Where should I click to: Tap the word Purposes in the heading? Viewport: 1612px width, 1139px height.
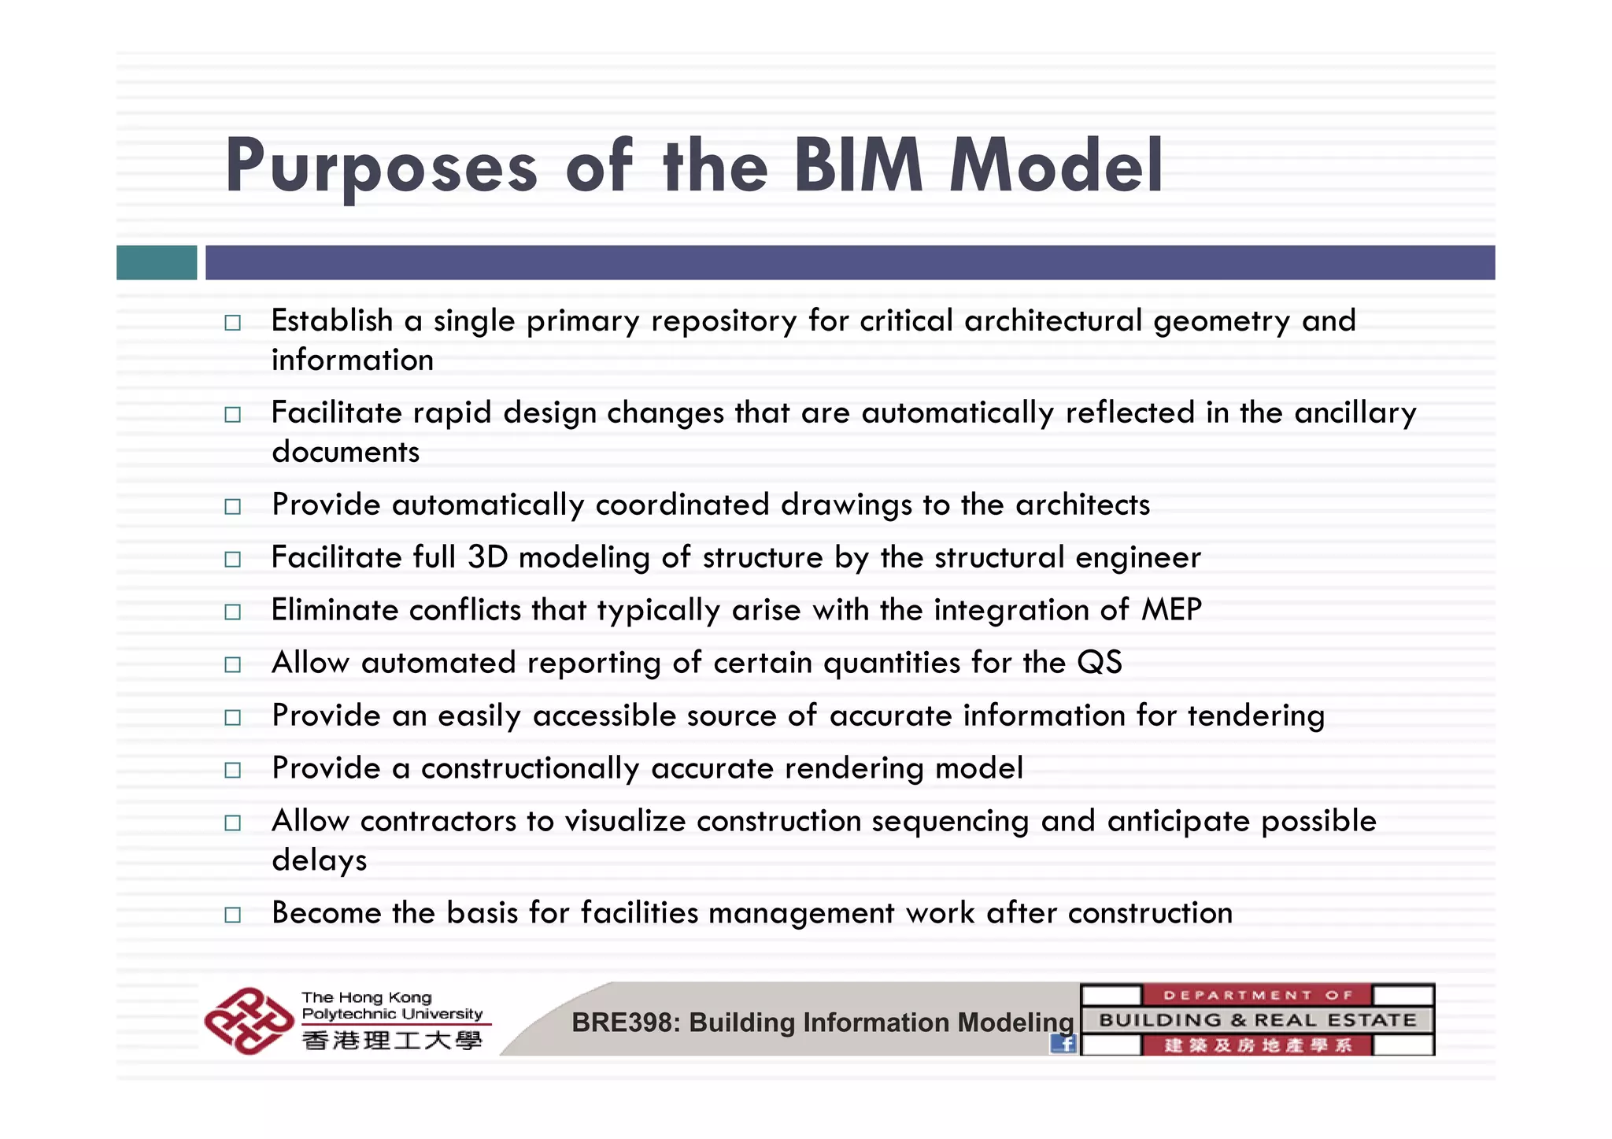click(x=382, y=167)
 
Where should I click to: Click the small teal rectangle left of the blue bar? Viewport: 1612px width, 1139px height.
click(x=157, y=262)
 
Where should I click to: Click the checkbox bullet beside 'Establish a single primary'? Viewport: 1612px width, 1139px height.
click(x=232, y=323)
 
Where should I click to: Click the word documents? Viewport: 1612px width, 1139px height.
click(x=346, y=452)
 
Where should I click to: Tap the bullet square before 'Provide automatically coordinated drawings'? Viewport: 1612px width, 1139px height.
click(x=232, y=506)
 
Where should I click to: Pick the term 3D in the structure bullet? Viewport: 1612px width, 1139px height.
click(x=487, y=557)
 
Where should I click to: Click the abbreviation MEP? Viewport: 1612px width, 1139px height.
click(x=1171, y=610)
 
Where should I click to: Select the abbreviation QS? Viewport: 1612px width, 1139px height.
click(x=1099, y=663)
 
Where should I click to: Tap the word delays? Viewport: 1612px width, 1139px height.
click(x=319, y=860)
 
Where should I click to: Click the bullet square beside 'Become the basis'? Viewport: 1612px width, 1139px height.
click(x=232, y=915)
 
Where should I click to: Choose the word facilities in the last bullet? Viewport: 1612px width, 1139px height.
click(x=639, y=913)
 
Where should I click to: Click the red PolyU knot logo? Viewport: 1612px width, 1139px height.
click(x=248, y=1021)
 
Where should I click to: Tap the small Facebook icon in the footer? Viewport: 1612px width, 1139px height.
click(x=1063, y=1044)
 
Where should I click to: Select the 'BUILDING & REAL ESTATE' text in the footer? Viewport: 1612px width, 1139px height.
click(x=1257, y=1020)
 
